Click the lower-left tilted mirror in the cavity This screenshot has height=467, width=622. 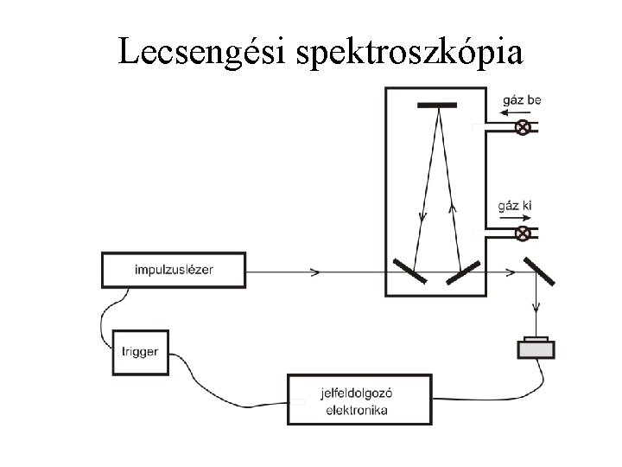tap(409, 272)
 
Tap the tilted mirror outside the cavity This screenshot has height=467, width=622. tap(539, 271)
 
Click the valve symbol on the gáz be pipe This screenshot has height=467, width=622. tap(523, 128)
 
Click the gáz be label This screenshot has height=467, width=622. tap(521, 101)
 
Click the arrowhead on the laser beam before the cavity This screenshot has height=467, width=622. tap(314, 272)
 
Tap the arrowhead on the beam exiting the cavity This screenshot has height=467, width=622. tap(511, 272)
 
